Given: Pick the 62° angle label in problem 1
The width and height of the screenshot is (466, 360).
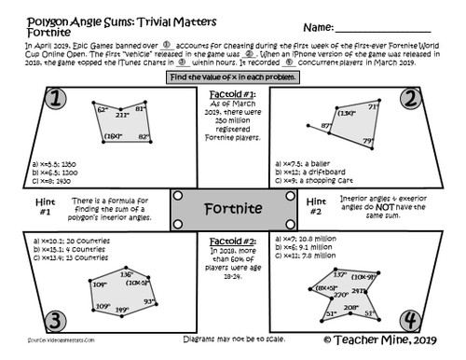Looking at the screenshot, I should tap(103, 110).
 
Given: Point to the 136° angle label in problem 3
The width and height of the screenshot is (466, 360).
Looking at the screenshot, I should tap(128, 274).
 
